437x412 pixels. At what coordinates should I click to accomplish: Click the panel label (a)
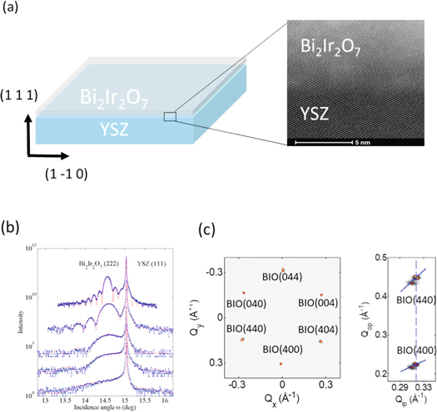pyautogui.click(x=12, y=9)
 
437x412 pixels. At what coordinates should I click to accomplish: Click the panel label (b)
pyautogui.click(x=12, y=227)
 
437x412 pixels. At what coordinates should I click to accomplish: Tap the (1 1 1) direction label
pyautogui.click(x=17, y=97)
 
